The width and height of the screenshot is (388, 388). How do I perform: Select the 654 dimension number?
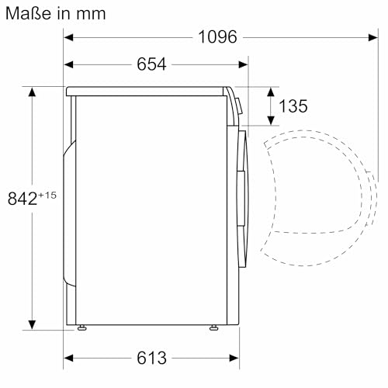(x=151, y=64)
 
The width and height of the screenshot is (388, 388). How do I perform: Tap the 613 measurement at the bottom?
(x=151, y=358)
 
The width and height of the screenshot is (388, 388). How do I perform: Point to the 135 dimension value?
(x=292, y=106)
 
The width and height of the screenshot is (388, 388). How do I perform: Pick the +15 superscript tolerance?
(x=48, y=194)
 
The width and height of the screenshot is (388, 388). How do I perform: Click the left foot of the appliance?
(x=81, y=328)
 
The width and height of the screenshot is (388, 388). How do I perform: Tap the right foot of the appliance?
(x=213, y=328)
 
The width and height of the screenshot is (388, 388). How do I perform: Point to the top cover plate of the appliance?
(x=147, y=90)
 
